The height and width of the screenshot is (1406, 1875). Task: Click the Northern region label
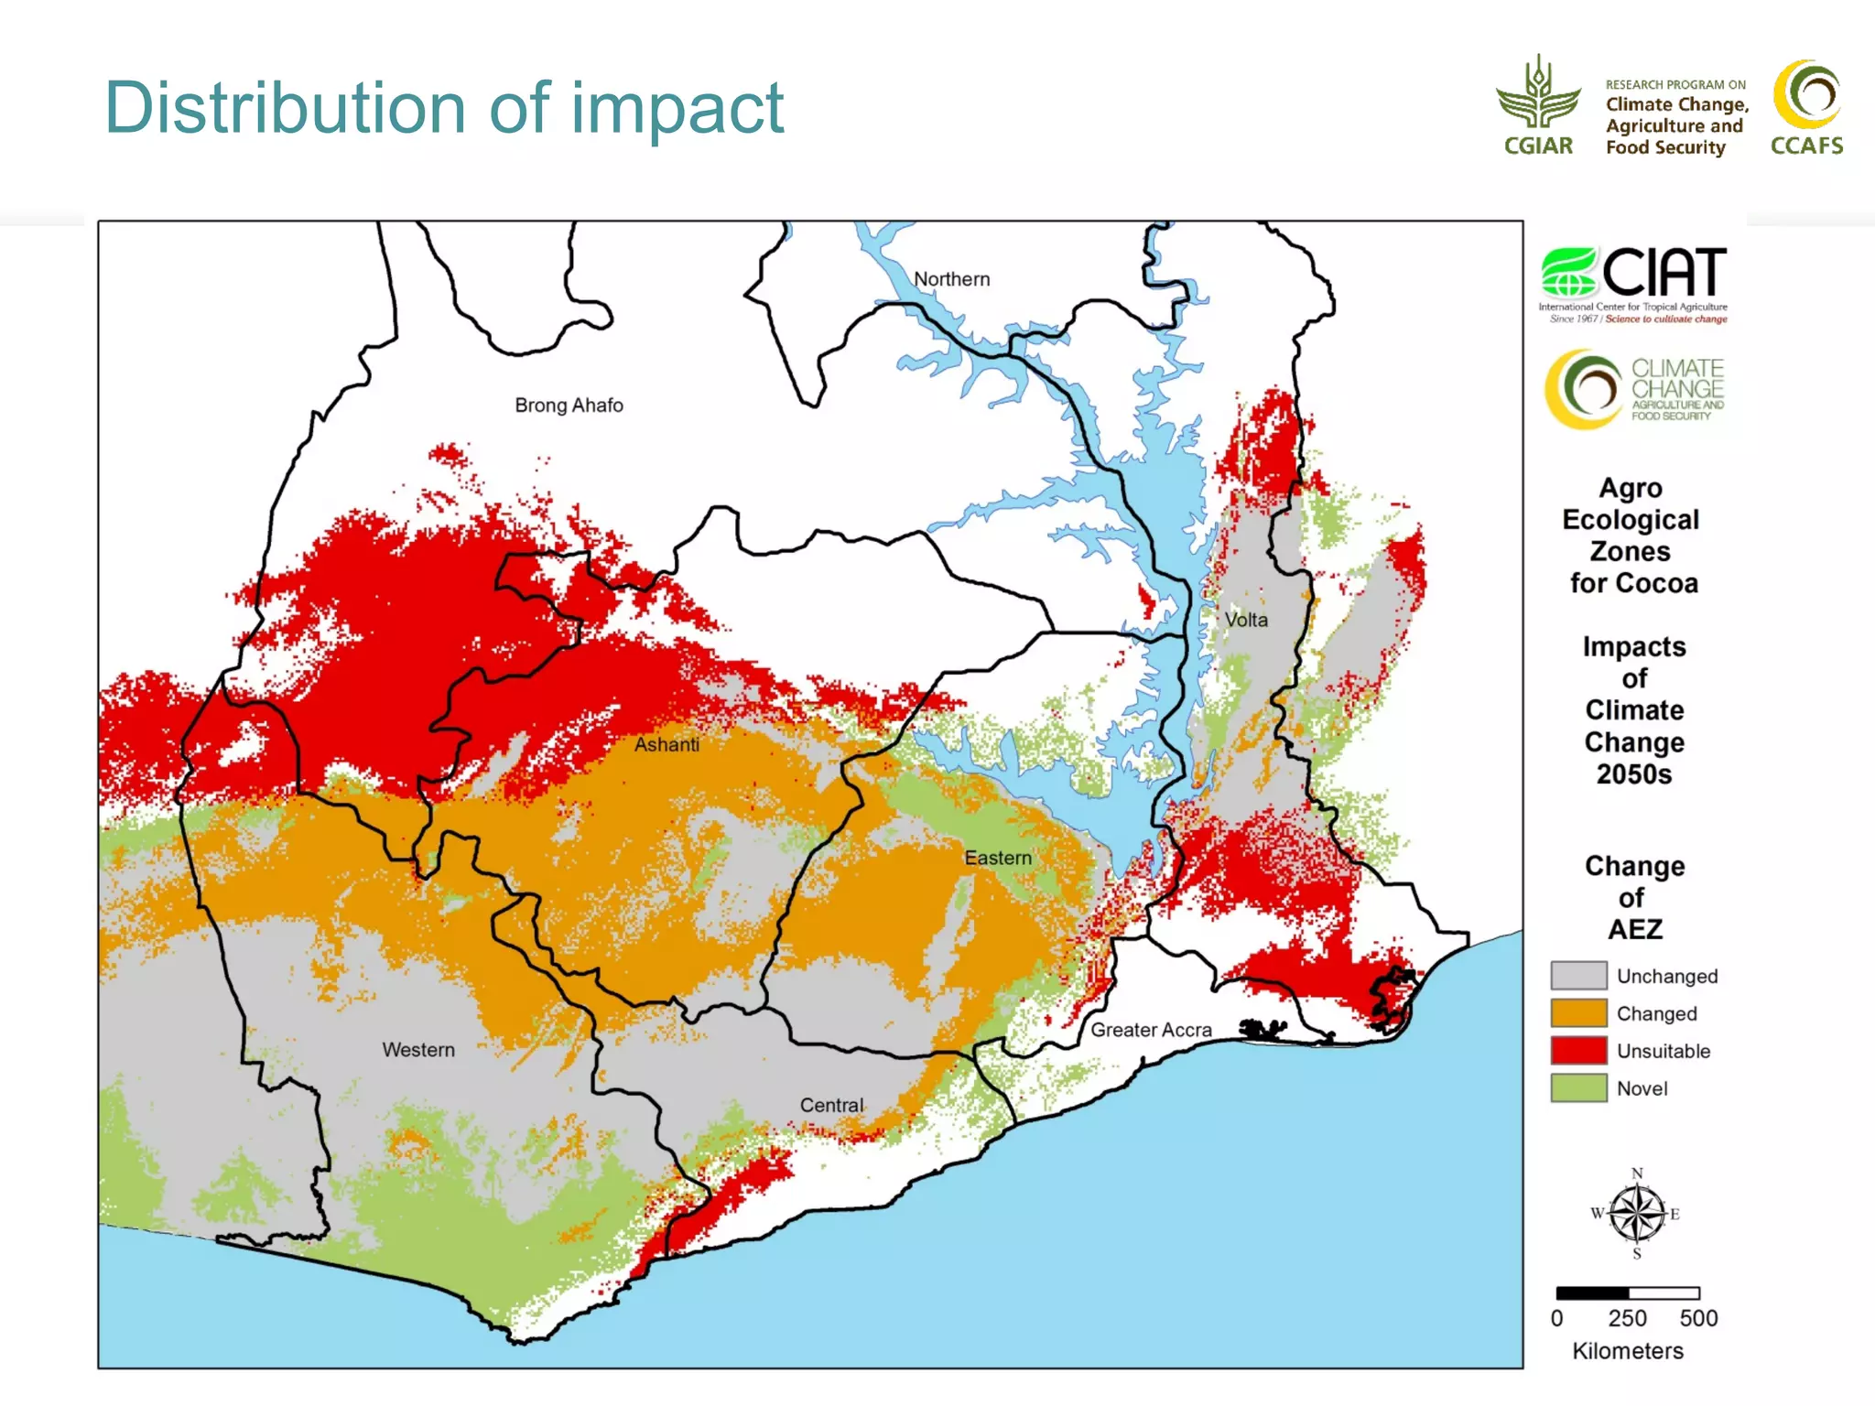(x=951, y=279)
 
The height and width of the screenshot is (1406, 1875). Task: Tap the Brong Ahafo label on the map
(x=569, y=406)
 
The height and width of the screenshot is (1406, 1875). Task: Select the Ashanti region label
(x=667, y=745)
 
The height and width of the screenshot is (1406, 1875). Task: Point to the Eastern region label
(x=997, y=859)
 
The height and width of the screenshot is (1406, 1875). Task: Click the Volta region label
(x=1246, y=621)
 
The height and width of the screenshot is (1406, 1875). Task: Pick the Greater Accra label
(x=1151, y=1031)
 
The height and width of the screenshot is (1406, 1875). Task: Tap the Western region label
(x=418, y=1050)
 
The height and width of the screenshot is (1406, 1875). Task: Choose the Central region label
(x=831, y=1106)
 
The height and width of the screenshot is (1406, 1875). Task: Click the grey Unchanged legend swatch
(x=1578, y=976)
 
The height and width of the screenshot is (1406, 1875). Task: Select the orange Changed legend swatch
(x=1578, y=1013)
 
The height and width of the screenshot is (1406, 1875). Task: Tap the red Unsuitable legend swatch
(x=1578, y=1051)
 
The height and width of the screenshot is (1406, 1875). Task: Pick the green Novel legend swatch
(x=1578, y=1088)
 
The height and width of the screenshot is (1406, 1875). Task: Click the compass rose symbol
(x=1637, y=1215)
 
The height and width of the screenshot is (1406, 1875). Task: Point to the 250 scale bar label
(x=1627, y=1319)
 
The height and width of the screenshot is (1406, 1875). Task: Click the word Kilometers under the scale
(x=1628, y=1351)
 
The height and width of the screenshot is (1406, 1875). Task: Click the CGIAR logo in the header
(x=1538, y=105)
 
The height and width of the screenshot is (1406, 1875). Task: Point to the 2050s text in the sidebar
(x=1634, y=774)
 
